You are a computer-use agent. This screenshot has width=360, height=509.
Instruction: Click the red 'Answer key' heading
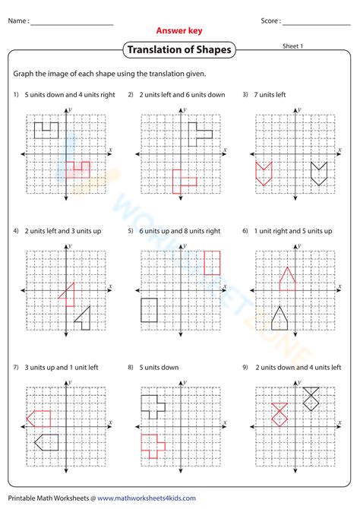[x=179, y=31]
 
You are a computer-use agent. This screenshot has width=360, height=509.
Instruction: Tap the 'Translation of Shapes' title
[x=179, y=51]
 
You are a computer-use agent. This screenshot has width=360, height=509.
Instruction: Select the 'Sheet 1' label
[x=293, y=46]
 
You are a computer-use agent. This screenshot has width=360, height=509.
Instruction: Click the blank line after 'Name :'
[x=72, y=22]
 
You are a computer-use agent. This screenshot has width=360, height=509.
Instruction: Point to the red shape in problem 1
[x=77, y=169]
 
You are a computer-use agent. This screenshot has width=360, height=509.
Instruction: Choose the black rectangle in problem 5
[x=149, y=309]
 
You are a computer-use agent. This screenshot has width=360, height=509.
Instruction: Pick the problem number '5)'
[x=131, y=231]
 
